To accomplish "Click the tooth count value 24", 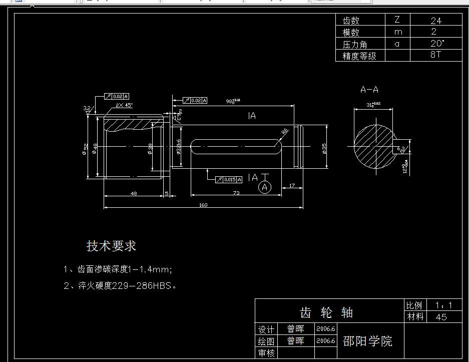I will pos(436,21).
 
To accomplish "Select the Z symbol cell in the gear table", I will pos(397,20).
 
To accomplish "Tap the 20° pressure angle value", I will pos(436,44).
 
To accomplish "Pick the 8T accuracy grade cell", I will pos(436,55).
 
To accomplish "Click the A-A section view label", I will pos(369,90).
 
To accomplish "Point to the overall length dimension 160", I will pos(203,205).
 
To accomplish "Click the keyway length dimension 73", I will pos(236,193).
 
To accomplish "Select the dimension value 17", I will pos(292,186).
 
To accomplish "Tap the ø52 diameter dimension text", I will pos(86,149).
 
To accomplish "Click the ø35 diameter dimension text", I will pos(324,149).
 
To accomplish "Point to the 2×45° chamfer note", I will pos(124,106).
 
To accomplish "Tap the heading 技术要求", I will pos(111,246).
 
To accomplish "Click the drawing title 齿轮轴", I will pos(326,313).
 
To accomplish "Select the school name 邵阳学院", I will pos(368,341).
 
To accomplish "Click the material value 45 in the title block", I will pos(441,317).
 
